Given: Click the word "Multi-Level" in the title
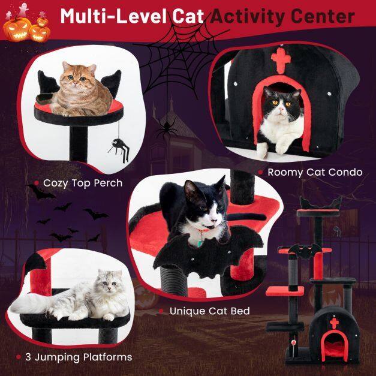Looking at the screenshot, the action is (114, 16).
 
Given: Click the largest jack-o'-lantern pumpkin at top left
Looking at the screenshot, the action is (17, 29).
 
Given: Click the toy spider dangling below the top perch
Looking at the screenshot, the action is (119, 148).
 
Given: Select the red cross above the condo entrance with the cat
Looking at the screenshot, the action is (281, 60).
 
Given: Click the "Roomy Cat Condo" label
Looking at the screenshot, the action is (315, 172).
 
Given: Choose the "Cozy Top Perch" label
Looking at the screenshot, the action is (83, 184).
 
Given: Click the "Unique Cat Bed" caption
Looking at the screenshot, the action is (209, 311).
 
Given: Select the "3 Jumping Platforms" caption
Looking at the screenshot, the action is (79, 357).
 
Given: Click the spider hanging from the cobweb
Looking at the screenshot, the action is (167, 129).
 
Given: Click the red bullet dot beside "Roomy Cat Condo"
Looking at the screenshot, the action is (261, 172).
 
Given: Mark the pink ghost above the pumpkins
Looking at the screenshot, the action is (23, 10).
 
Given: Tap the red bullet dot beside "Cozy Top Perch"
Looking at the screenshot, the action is (36, 184).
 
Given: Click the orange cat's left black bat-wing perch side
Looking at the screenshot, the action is (47, 82).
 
